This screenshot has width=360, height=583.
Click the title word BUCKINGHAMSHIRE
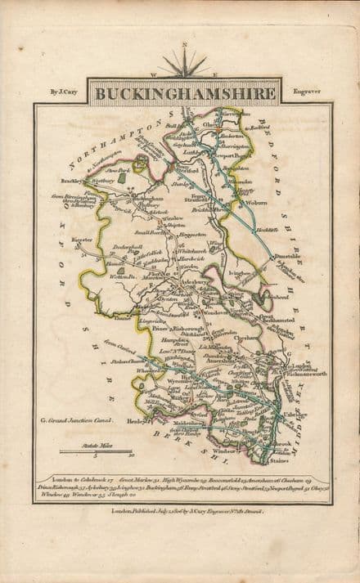tap(185, 93)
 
